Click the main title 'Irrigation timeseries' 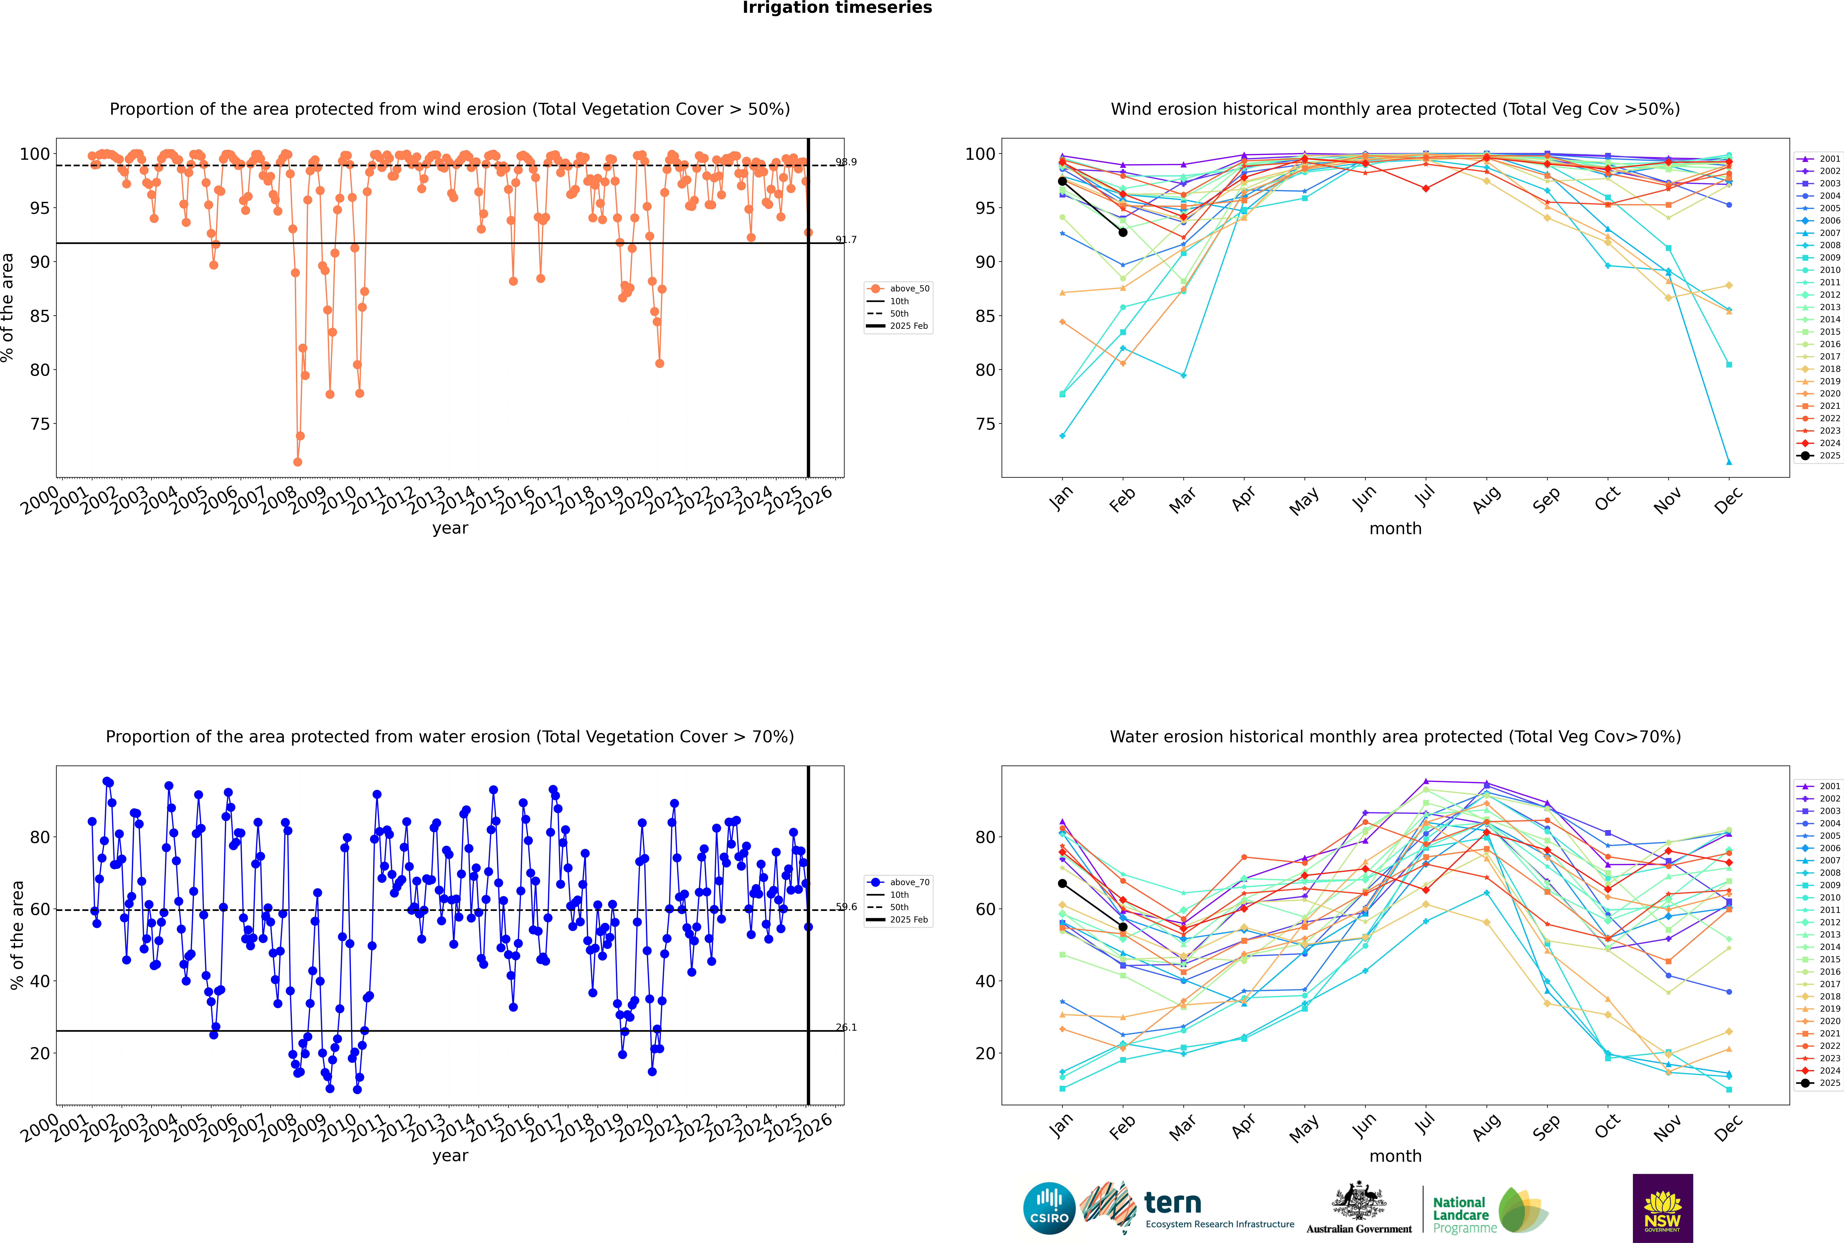click(x=837, y=8)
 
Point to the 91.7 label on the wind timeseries click(x=846, y=239)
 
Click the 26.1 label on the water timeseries click(x=846, y=1027)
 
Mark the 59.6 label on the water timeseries click(x=846, y=907)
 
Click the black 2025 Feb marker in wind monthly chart click(x=1123, y=232)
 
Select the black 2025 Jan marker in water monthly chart click(x=1062, y=883)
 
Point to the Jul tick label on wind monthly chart click(x=1425, y=497)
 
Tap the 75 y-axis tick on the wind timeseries click(x=40, y=424)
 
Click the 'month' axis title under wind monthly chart click(x=1395, y=529)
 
